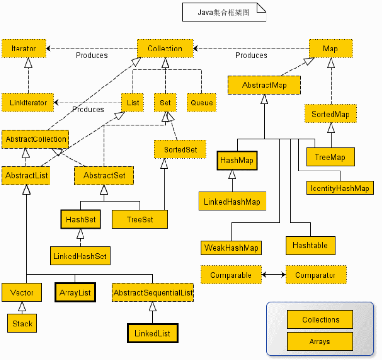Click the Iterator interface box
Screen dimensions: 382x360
24,49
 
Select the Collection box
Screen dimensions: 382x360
165,49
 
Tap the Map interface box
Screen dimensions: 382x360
331,49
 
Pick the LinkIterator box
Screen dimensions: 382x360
28,103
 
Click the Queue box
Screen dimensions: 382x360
202,103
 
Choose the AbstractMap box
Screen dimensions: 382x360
265,85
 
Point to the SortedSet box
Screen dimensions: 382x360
180,150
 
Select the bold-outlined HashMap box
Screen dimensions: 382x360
237,160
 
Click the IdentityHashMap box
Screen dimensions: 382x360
340,188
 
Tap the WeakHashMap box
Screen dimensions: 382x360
231,248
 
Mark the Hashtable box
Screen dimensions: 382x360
311,245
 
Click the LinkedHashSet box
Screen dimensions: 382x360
81,256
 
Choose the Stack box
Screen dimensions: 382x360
22,324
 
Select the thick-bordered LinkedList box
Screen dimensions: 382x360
152,333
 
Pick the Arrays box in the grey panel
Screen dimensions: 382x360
320,342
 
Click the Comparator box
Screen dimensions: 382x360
316,275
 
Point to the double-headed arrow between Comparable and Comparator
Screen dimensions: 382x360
274,275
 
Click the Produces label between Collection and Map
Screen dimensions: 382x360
251,55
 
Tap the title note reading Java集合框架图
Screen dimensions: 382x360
224,12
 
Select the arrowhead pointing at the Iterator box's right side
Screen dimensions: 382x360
48,49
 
